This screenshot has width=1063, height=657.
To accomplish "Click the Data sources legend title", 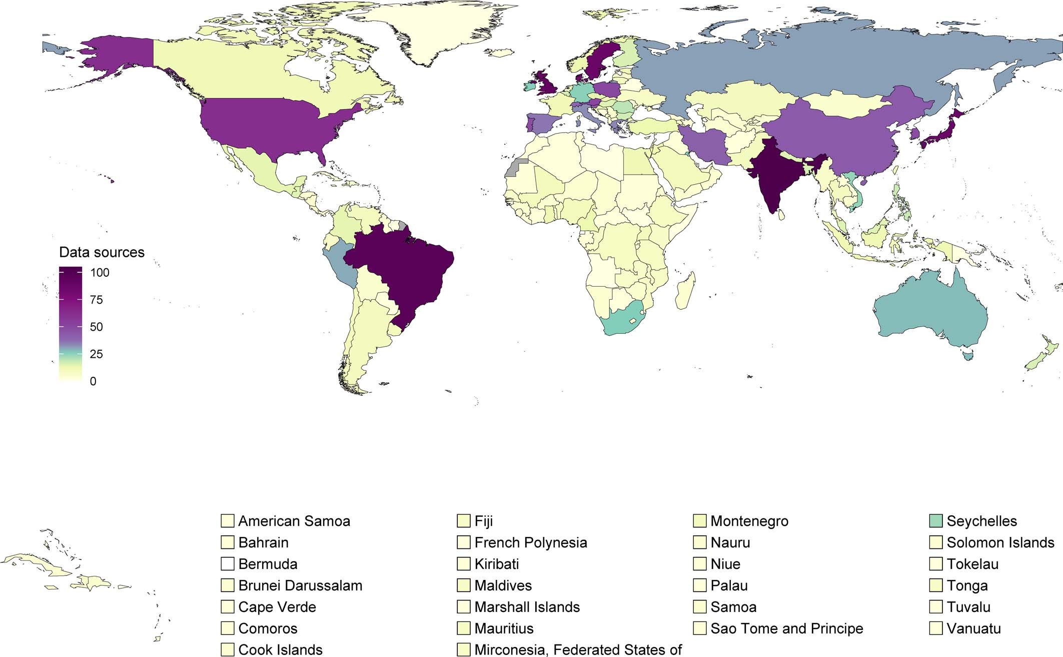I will point(102,252).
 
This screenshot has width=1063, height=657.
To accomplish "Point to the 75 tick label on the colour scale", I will point(96,300).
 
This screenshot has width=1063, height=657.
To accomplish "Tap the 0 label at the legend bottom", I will point(93,381).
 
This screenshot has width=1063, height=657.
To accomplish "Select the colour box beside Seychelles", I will point(936,521).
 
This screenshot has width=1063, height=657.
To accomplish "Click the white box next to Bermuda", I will point(228,564).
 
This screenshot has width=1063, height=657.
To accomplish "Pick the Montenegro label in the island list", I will point(749,521).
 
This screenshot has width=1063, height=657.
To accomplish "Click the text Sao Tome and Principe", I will point(786,628).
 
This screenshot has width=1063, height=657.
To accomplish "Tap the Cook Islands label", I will point(280,649).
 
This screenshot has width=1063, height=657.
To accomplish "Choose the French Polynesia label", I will point(530,542).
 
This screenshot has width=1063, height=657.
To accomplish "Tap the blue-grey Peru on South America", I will point(340,265).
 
